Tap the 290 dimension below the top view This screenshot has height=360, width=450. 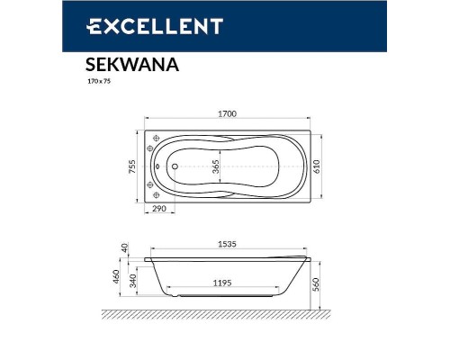pos(160,209)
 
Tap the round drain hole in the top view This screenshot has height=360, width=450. pos(173,166)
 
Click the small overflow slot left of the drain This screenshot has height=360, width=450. pos(157,166)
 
